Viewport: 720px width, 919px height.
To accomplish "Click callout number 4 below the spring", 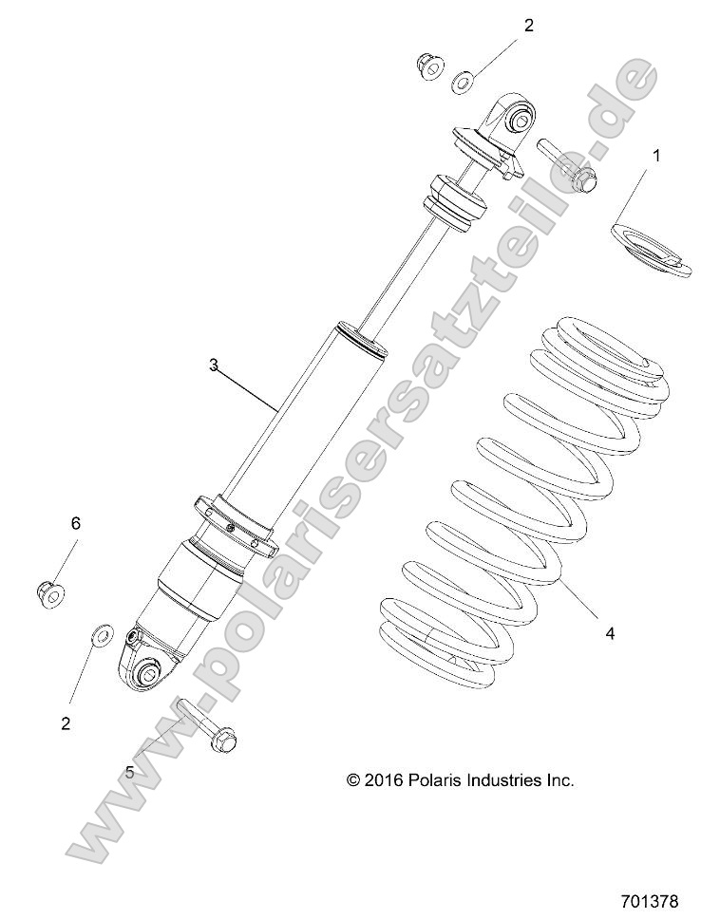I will click(609, 632).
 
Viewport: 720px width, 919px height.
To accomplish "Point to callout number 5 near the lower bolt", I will click(129, 772).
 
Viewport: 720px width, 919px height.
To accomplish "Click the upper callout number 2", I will click(529, 26).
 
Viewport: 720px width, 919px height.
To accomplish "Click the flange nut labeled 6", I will click(48, 593).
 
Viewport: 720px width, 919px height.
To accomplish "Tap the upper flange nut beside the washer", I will click(430, 66).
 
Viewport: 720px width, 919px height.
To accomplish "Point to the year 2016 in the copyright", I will click(386, 780).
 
